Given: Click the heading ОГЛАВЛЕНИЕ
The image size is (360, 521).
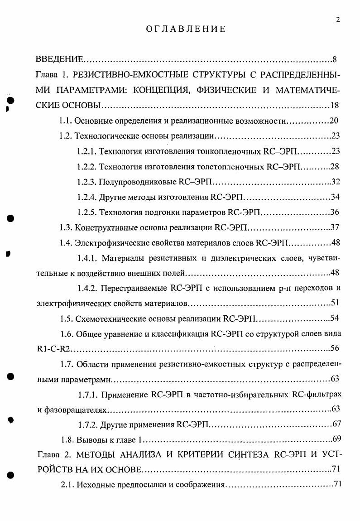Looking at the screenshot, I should click(x=185, y=29).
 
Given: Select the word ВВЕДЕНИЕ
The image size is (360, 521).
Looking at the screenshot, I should click(x=59, y=59).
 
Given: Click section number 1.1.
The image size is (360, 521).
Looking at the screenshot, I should click(x=66, y=121).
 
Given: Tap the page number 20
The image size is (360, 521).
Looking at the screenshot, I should click(x=334, y=121).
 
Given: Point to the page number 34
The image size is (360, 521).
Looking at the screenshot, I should click(x=335, y=197).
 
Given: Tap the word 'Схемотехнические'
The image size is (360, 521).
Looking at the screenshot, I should click(x=107, y=318).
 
